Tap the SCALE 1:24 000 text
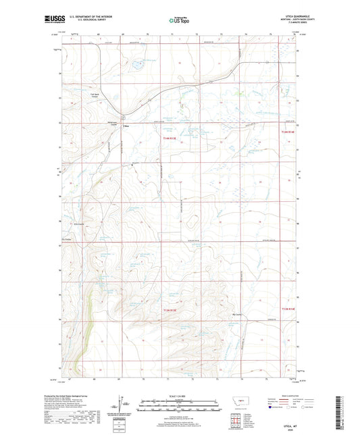pyautogui.click(x=180, y=396)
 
